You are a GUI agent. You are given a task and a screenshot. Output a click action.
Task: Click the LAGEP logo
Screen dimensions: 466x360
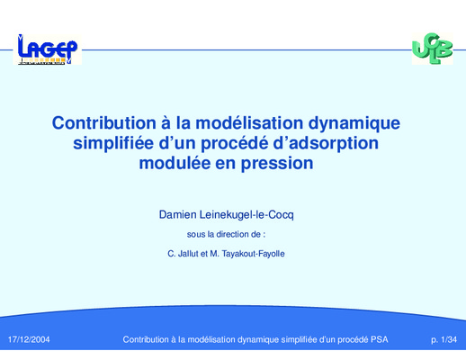[48, 49]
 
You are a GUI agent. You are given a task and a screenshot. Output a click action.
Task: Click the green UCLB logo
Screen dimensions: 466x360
[433, 49]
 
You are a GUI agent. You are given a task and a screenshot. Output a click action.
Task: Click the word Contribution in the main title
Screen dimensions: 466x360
[104, 123]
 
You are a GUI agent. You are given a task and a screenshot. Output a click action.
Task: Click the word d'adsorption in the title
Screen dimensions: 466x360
[326, 144]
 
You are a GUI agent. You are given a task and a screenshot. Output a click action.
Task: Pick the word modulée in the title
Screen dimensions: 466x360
[175, 163]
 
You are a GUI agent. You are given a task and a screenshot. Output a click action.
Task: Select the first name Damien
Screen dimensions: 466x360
[178, 215]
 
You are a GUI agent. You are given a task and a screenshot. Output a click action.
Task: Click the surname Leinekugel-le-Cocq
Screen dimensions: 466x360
[246, 215]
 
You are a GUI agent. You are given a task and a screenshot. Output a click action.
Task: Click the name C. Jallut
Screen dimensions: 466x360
[183, 254]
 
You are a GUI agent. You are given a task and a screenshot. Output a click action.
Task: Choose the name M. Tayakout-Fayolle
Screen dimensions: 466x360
[247, 254]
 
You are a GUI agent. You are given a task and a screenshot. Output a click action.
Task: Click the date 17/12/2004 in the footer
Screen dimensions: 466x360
[29, 339]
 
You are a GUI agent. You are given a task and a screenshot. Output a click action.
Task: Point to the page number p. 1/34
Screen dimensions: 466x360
[444, 339]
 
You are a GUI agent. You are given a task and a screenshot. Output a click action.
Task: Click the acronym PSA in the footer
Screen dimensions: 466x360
[380, 339]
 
